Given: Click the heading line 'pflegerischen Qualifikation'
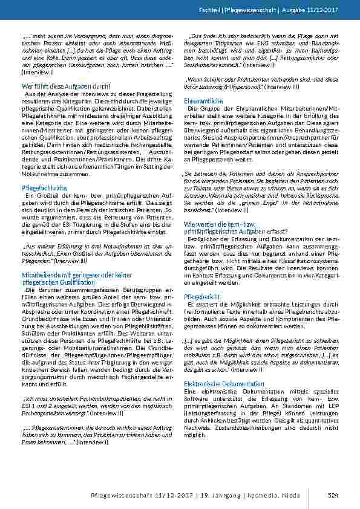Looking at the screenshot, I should [x=60, y=282].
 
